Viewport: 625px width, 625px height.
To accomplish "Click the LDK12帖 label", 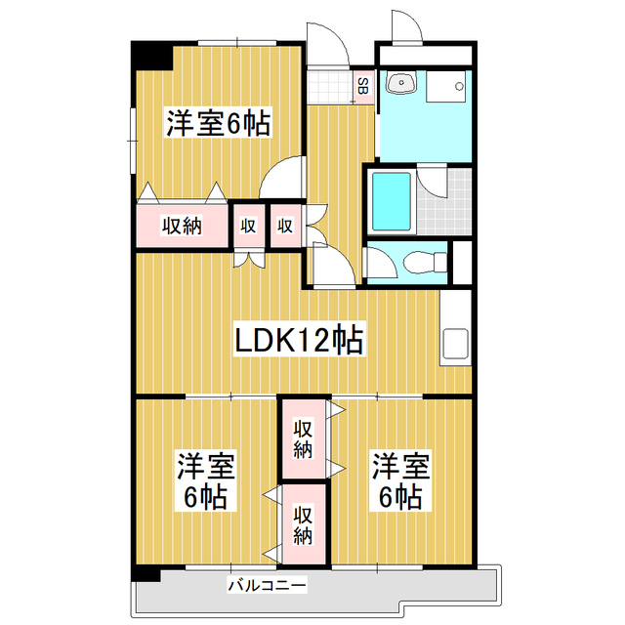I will click(x=299, y=340).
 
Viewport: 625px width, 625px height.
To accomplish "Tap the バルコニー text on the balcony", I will click(x=267, y=586).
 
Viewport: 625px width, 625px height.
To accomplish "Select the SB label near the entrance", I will click(x=362, y=86).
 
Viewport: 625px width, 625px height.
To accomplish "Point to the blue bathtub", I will click(x=391, y=200).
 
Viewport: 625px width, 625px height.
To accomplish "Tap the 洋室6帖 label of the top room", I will click(x=218, y=124).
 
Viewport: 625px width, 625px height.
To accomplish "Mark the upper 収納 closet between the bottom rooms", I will click(x=303, y=438).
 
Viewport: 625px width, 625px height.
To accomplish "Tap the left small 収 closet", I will click(x=248, y=226).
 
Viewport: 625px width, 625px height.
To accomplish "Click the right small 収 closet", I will click(x=285, y=226).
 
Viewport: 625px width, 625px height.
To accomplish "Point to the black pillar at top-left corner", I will click(x=150, y=55).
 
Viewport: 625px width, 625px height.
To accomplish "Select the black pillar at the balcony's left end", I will click(x=146, y=575).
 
